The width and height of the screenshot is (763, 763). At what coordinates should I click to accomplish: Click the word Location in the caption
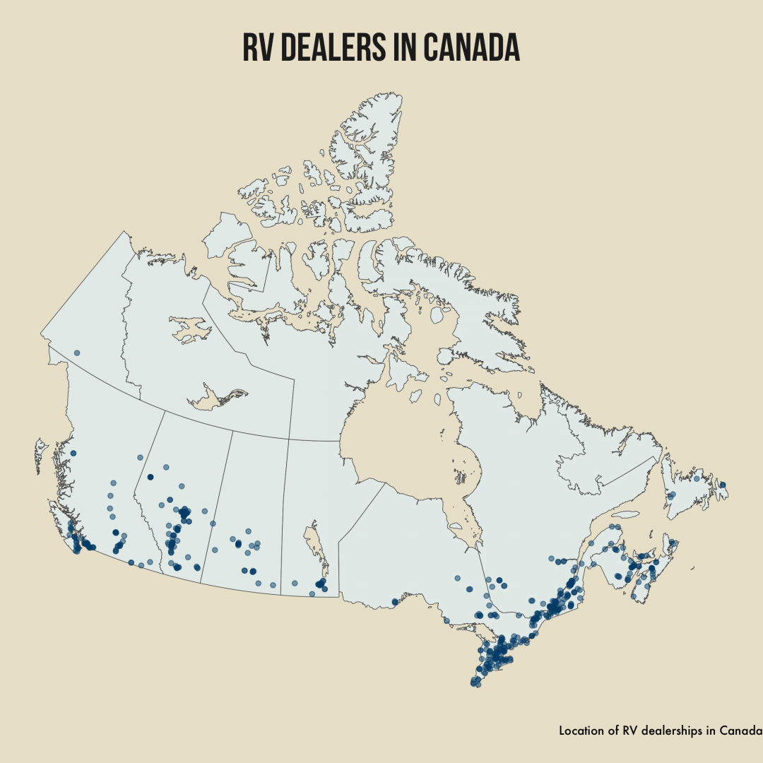tap(581, 731)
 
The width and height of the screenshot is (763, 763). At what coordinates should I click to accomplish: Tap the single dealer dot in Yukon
tap(77, 353)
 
